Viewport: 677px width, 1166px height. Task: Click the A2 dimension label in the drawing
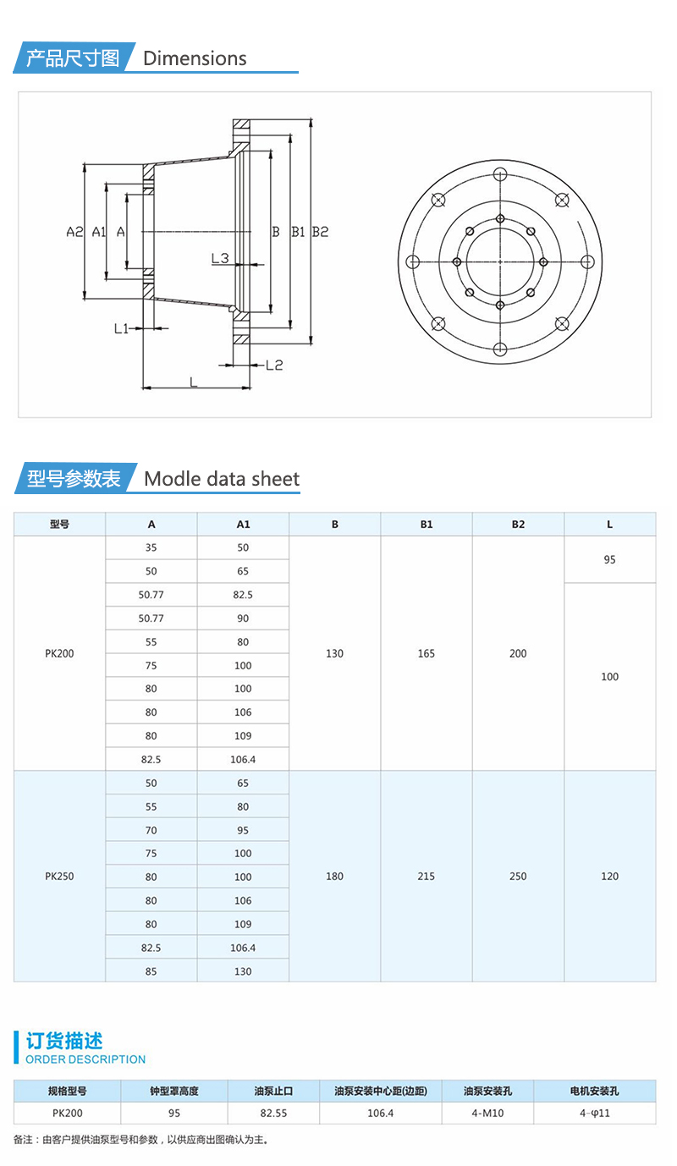click(x=74, y=232)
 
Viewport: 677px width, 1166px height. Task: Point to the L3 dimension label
click(x=220, y=258)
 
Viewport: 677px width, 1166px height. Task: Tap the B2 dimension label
click(x=320, y=232)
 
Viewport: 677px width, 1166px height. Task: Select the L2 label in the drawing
click(x=273, y=366)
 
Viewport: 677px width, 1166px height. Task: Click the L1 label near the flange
click(x=122, y=328)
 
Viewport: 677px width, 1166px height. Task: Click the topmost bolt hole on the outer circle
click(x=500, y=174)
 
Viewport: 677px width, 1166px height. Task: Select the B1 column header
click(x=427, y=525)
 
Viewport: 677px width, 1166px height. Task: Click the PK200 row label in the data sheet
click(x=59, y=653)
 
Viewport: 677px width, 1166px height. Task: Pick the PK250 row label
click(x=59, y=877)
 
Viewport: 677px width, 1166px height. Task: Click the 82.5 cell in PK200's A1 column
click(x=243, y=595)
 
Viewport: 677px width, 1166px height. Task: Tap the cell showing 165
click(x=427, y=653)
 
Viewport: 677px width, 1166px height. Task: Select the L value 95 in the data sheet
click(x=609, y=560)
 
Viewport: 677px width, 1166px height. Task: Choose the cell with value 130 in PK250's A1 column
click(x=243, y=971)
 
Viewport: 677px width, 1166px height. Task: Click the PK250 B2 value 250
click(x=518, y=877)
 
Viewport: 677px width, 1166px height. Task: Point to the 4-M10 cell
click(x=487, y=1114)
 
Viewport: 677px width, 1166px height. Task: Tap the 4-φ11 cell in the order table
click(x=594, y=1114)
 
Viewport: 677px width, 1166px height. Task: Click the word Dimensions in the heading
click(x=195, y=58)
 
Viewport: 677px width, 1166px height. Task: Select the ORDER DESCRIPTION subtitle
click(x=85, y=1059)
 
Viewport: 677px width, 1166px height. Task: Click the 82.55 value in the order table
click(x=273, y=1114)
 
